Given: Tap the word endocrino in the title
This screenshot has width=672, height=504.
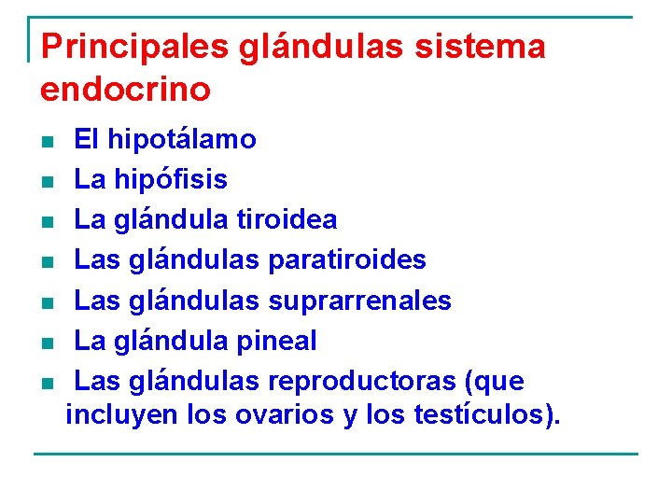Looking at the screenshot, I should tap(126, 90).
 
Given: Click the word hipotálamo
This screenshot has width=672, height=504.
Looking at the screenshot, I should tap(182, 140).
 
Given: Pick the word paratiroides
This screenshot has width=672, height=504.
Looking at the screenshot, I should tap(347, 259).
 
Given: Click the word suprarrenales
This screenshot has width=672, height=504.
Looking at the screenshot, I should tap(359, 301).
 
